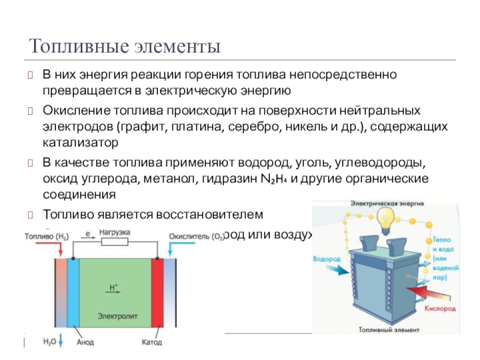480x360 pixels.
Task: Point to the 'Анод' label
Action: point(85,343)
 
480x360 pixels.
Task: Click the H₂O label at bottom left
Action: point(49,342)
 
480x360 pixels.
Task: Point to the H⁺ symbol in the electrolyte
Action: point(113,287)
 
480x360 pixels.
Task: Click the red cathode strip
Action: point(157,294)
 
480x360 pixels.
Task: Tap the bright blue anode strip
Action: point(73,294)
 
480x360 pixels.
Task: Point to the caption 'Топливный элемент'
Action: point(383,329)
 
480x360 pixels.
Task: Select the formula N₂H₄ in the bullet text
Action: point(275,179)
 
